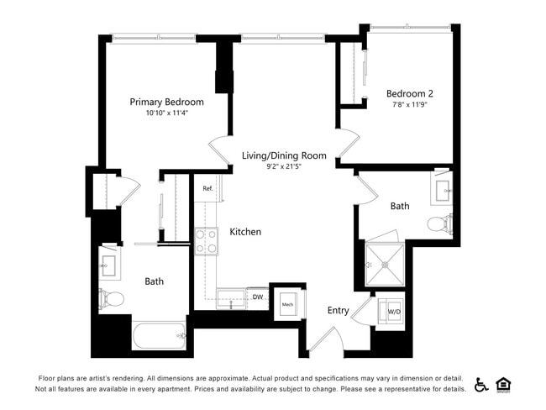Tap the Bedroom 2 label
[x=409, y=93]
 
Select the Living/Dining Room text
[x=284, y=155]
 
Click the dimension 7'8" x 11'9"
[x=410, y=105]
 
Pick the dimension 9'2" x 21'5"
[x=284, y=167]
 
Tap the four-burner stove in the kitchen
[x=207, y=241]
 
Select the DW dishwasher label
[x=257, y=297]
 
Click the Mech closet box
[x=287, y=304]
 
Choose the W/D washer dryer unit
[x=393, y=312]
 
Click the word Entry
[x=338, y=311]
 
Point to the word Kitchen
[x=245, y=232]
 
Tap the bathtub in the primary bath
[x=159, y=338]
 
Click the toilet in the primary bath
[x=113, y=297]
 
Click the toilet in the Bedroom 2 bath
[x=439, y=224]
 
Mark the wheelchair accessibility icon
[x=481, y=385]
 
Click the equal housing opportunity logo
[x=504, y=385]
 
